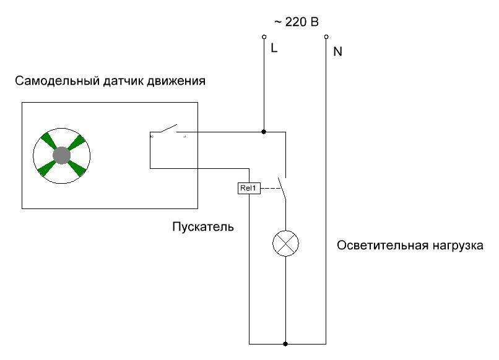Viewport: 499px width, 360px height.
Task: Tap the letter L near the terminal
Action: click(274, 48)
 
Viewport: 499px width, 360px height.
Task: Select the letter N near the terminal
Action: click(337, 52)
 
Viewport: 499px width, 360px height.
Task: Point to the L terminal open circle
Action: click(264, 38)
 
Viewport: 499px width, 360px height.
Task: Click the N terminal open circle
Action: click(326, 38)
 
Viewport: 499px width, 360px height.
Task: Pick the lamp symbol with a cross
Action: click(285, 243)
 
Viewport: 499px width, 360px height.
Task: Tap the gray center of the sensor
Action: click(61, 155)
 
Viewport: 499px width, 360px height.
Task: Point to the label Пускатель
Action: click(202, 226)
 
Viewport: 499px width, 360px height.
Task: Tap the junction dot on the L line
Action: click(264, 132)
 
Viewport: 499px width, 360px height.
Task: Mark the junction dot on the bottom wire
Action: click(285, 343)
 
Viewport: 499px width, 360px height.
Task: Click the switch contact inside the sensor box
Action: click(166, 129)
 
